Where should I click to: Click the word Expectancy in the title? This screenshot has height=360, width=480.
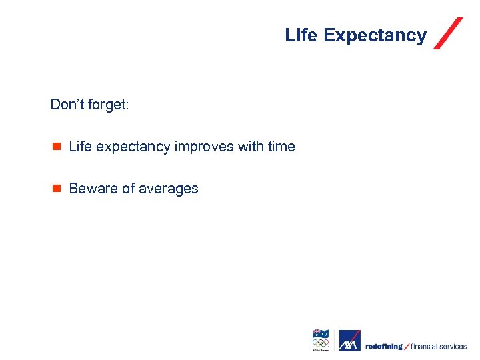[375, 35]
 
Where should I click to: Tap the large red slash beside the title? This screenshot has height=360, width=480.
[448, 33]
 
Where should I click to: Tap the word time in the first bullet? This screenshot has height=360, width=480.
[281, 147]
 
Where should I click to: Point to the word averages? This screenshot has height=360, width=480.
[169, 189]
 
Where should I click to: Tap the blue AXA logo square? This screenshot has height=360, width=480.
[349, 341]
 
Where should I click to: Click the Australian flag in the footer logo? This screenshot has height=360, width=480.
[321, 334]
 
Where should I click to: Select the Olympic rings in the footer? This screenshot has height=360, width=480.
[321, 343]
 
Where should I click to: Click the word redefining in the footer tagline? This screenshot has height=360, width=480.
[383, 346]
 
